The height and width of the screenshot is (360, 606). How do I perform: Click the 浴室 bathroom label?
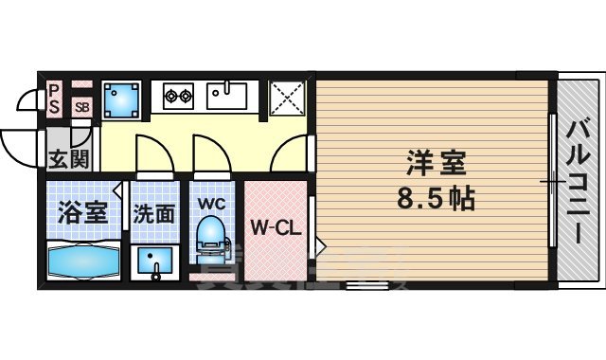[x=82, y=210]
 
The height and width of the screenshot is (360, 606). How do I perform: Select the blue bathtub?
[x=81, y=259]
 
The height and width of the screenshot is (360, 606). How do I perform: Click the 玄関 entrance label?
[x=69, y=159]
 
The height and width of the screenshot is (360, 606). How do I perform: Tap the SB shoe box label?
[x=81, y=106]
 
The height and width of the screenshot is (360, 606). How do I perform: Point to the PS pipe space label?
[x=55, y=99]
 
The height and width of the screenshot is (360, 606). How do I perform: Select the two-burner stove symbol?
[x=177, y=95]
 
